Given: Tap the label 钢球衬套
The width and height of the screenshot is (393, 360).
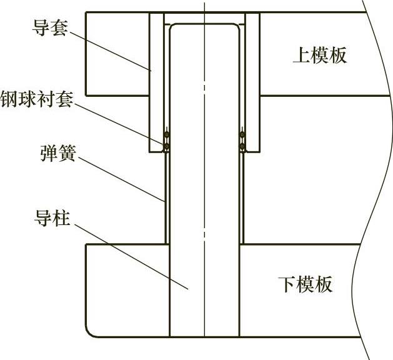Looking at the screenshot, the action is coord(37,100).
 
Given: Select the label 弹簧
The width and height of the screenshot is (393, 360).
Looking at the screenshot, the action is coord(55,152).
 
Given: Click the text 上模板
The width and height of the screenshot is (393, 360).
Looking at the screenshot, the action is coord(319,56).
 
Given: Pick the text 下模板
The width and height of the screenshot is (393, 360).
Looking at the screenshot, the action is coord(305,285).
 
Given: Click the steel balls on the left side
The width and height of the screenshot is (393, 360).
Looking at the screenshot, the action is coord(167,141).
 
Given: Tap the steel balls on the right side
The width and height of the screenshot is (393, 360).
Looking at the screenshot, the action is coord(242,141).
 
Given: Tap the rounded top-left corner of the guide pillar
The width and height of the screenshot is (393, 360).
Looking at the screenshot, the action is coord(174,29).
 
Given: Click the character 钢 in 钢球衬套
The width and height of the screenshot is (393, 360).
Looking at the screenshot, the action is coord(9,100).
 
